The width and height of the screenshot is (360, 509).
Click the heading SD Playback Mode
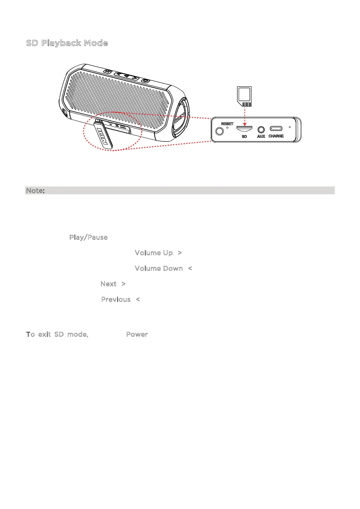coord(67,43)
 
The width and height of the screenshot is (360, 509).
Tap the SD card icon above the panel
coord(244,96)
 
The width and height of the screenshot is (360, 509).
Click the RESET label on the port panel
coord(227,124)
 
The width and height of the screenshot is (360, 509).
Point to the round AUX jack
coord(261,130)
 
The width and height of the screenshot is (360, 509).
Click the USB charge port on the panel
coord(276,129)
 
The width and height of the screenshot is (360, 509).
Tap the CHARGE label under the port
coord(276,136)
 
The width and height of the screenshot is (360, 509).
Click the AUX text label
coord(261,136)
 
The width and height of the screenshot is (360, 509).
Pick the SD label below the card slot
coord(244,137)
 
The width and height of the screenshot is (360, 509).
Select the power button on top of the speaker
coord(146,80)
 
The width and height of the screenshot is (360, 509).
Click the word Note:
coord(35,190)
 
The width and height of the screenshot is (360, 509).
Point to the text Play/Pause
coord(88,237)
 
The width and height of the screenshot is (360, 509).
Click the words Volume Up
coord(154,253)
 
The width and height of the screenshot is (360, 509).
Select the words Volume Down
coord(159,268)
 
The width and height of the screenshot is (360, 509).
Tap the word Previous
coord(116,299)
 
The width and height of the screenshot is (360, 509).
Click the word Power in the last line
coord(137,334)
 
